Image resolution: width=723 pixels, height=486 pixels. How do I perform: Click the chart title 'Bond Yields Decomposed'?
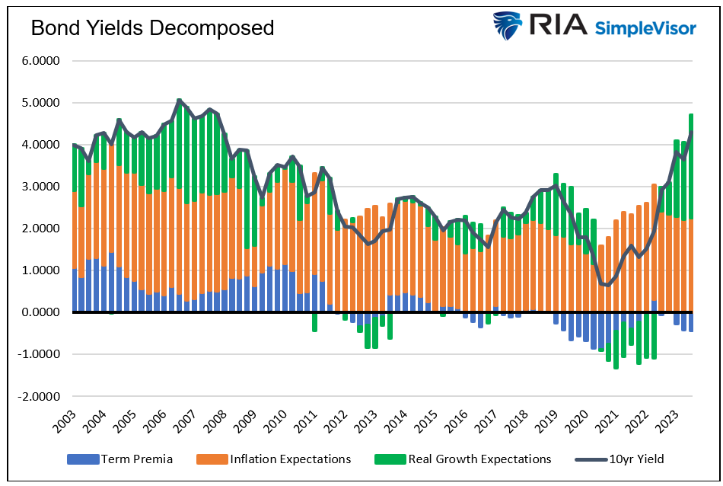click(x=151, y=28)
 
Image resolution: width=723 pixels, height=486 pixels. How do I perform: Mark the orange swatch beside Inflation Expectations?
click(x=207, y=459)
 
